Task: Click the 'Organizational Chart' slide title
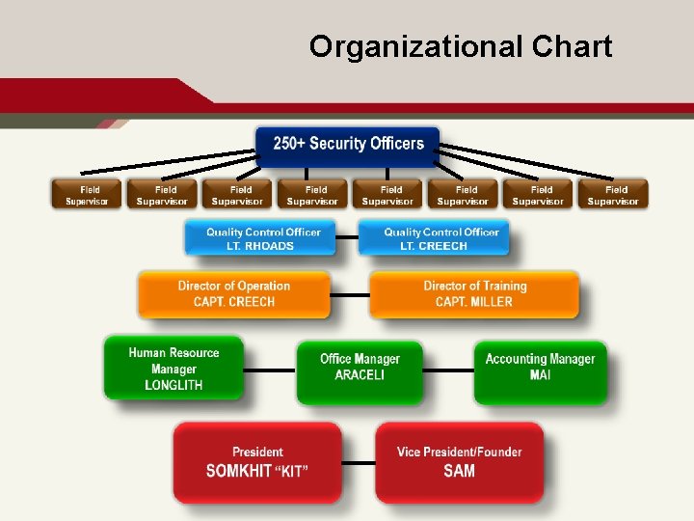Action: click(x=460, y=46)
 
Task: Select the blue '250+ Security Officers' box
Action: click(x=348, y=144)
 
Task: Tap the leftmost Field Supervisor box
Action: click(x=87, y=195)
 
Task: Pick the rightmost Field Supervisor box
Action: click(x=613, y=195)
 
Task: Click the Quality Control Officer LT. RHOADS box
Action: click(x=260, y=238)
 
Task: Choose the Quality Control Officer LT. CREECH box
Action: click(x=434, y=238)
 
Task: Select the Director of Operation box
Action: click(x=233, y=293)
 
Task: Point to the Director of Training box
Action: click(x=474, y=293)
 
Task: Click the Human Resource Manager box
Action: click(x=173, y=369)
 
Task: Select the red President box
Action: click(x=257, y=461)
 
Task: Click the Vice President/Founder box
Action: click(x=459, y=461)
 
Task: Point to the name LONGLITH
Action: click(x=173, y=385)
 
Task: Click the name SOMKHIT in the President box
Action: click(x=238, y=471)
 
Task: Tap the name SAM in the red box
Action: click(x=459, y=471)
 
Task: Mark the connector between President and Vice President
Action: click(x=359, y=462)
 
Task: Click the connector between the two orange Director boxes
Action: click(x=350, y=294)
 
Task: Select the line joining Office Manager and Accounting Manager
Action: click(x=448, y=370)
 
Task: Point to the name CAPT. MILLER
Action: click(x=474, y=302)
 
